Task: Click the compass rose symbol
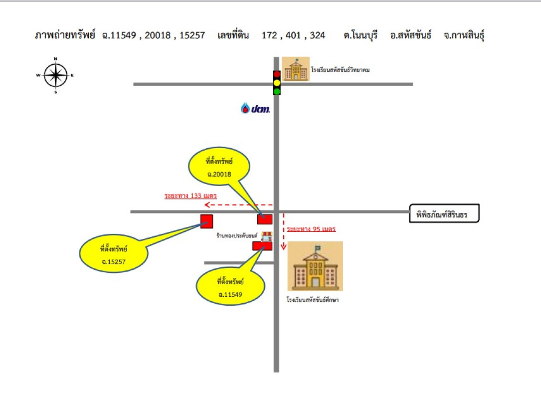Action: (x=55, y=76)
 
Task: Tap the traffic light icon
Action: (x=277, y=83)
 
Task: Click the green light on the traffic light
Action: (x=277, y=91)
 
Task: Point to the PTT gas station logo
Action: (x=255, y=108)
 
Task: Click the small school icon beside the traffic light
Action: (x=295, y=69)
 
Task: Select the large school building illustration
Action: (x=315, y=266)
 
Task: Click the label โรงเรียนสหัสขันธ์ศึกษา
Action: (x=313, y=300)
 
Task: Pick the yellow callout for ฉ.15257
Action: (x=114, y=253)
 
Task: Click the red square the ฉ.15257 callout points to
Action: (x=206, y=221)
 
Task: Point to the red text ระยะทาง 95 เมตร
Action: (x=311, y=229)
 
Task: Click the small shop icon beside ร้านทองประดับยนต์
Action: (x=267, y=236)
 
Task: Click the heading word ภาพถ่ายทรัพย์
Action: (x=65, y=35)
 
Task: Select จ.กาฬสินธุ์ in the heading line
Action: (x=464, y=35)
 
